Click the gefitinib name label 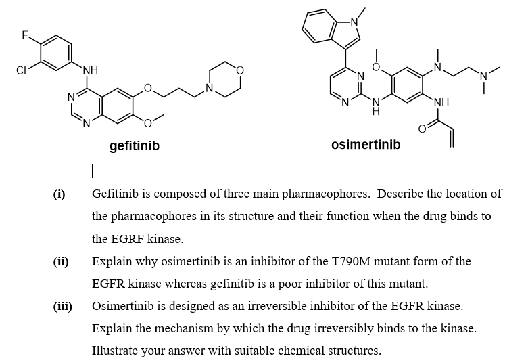(135, 145)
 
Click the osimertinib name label (366, 145)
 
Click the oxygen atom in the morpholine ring (239, 70)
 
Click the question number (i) (59, 194)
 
